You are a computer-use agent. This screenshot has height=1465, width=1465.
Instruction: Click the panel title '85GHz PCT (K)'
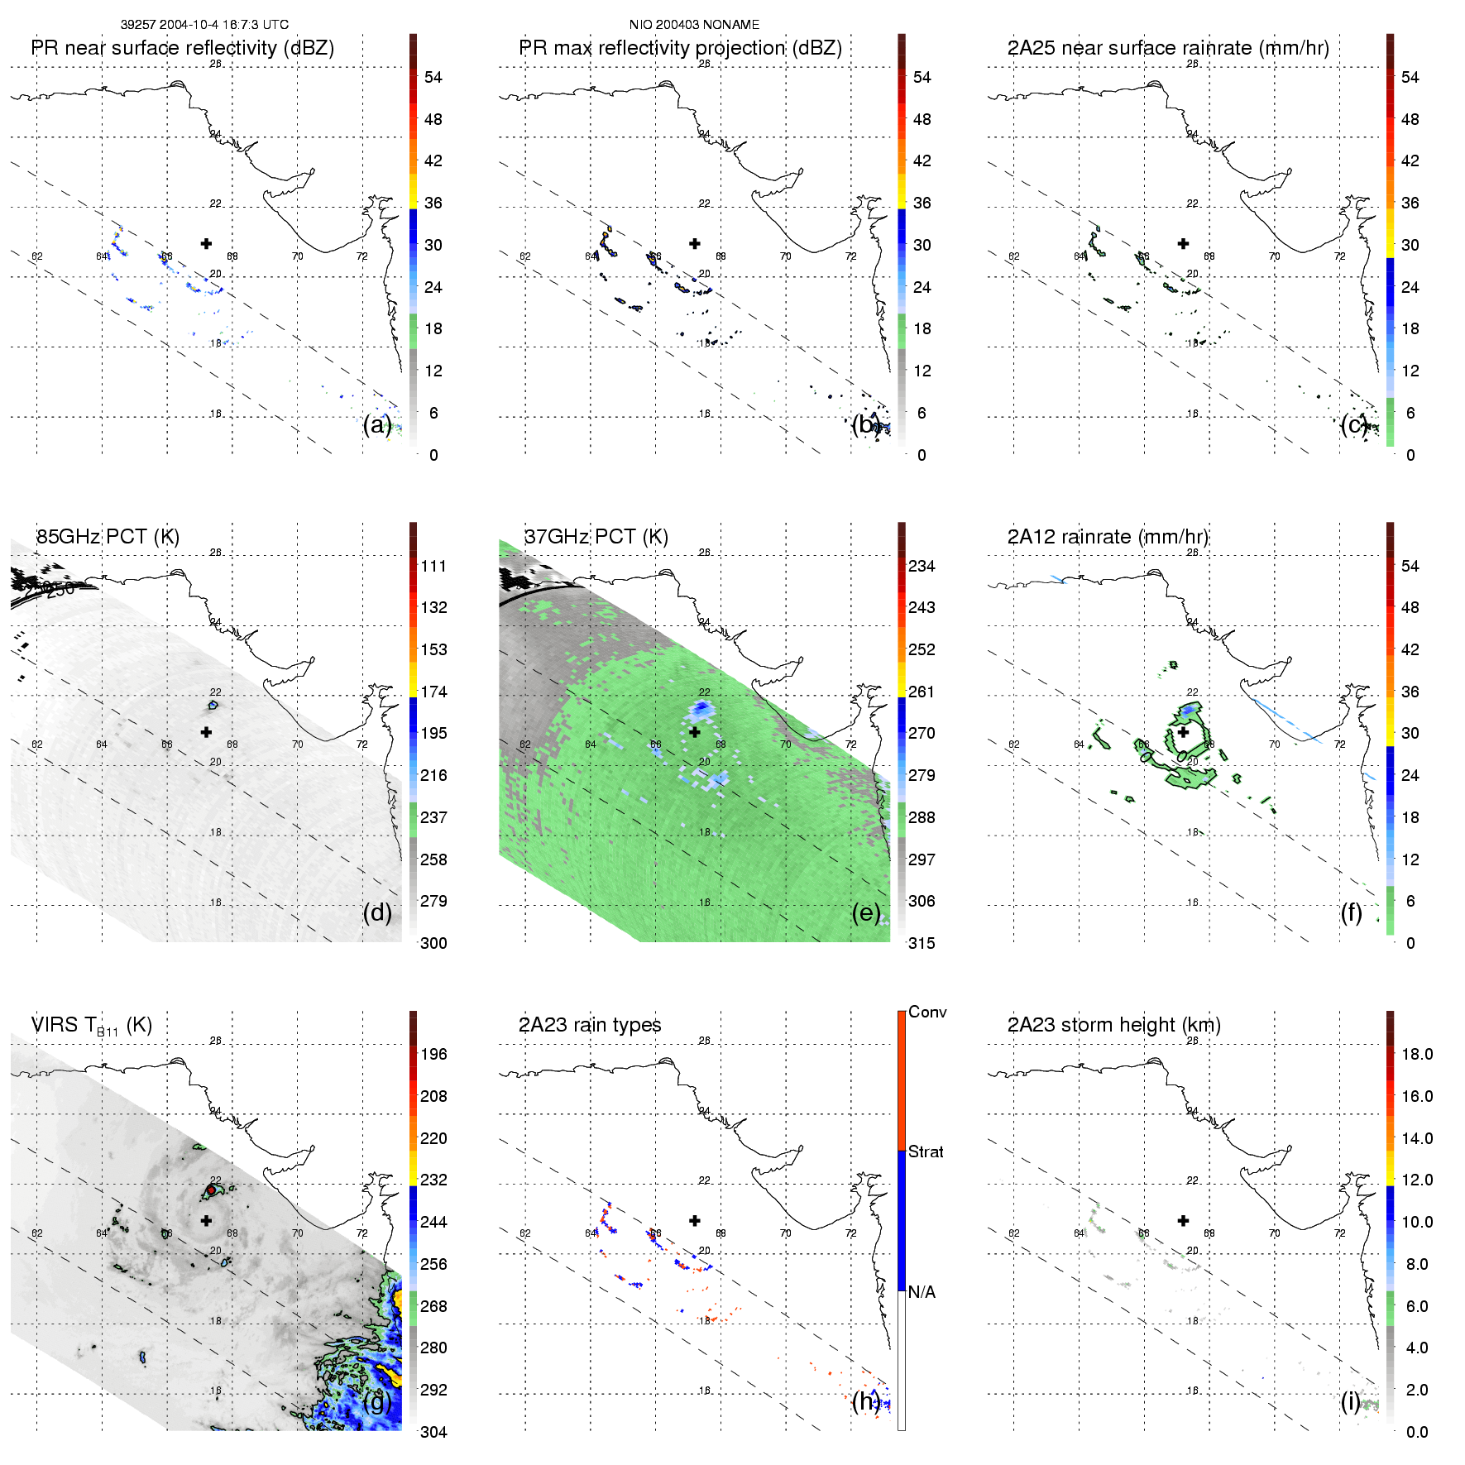[x=108, y=537]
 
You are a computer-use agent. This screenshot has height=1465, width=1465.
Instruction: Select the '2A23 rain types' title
[x=590, y=1025]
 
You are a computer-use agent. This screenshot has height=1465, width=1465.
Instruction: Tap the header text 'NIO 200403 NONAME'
[x=694, y=25]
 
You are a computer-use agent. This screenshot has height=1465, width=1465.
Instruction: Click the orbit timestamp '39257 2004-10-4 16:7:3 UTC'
[x=204, y=25]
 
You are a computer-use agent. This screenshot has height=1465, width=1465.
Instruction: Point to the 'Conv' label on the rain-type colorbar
[x=927, y=1013]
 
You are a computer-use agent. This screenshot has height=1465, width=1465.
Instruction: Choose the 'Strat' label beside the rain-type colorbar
[x=926, y=1152]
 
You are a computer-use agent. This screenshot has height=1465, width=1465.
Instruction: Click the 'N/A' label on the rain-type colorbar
[x=922, y=1292]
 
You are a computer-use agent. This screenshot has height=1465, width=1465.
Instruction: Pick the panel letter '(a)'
[x=376, y=424]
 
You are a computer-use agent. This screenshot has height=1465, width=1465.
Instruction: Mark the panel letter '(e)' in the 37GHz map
[x=865, y=912]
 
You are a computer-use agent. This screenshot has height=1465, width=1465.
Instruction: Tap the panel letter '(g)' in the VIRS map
[x=376, y=1400]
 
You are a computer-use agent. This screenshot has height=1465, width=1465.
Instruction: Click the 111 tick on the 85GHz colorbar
[x=433, y=567]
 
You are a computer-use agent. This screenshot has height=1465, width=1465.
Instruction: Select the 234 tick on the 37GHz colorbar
[x=922, y=567]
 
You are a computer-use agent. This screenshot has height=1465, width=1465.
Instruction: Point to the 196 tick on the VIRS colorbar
[x=433, y=1055]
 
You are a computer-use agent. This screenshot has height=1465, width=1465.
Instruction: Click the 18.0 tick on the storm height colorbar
[x=1417, y=1055]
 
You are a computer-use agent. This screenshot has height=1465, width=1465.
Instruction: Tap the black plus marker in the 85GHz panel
[x=206, y=732]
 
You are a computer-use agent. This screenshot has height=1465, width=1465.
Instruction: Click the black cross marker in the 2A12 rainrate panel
[x=1183, y=732]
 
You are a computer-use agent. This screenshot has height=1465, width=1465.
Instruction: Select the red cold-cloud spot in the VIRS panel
[x=212, y=1190]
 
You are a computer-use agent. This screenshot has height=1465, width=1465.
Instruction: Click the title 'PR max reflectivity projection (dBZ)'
[x=680, y=48]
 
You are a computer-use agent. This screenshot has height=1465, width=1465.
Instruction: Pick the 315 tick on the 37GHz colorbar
[x=922, y=944]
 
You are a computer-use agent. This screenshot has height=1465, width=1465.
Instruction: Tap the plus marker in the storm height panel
[x=1183, y=1220]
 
